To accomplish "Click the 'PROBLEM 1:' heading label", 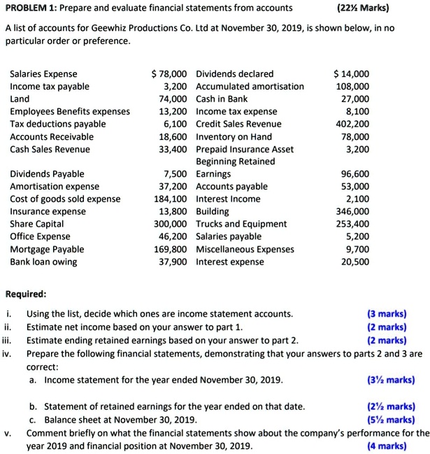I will pyautogui.click(x=34, y=9).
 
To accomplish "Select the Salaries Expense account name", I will pyautogui.click(x=43, y=73).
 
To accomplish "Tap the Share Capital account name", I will pyautogui.click(x=36, y=224).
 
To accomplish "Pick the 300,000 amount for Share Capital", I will pyautogui.click(x=171, y=224).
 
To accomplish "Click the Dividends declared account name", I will pyautogui.click(x=235, y=73).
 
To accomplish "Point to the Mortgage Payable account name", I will pyautogui.click(x=47, y=249).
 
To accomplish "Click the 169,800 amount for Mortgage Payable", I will pyautogui.click(x=171, y=249).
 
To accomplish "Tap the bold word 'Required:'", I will pyautogui.click(x=26, y=295).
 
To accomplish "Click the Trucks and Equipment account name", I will pyautogui.click(x=241, y=224).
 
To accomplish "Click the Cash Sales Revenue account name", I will pyautogui.click(x=50, y=149).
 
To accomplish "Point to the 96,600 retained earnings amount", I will pyautogui.click(x=355, y=174).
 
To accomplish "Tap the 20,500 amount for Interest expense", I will pyautogui.click(x=355, y=262).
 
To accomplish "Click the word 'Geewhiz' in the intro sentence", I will pyautogui.click(x=110, y=28).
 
